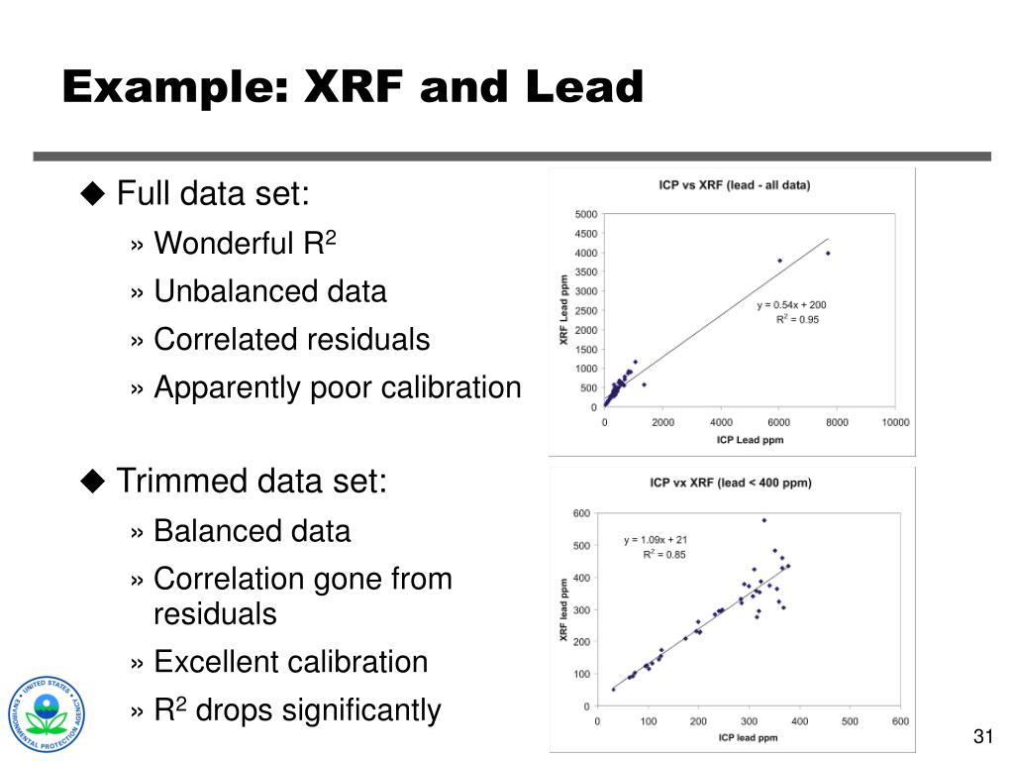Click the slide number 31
[982, 735]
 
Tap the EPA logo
[47, 714]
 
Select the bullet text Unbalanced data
[269, 291]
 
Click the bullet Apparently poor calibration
[337, 387]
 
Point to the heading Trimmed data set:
[252, 482]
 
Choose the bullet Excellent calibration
[290, 661]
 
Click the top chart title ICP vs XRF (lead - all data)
[734, 185]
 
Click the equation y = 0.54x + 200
[791, 305]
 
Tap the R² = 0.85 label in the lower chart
[663, 554]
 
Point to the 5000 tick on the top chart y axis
[585, 214]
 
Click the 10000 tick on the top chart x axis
[894, 422]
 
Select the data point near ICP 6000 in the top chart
[779, 261]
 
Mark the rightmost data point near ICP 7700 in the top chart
[828, 253]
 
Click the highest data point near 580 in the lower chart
[763, 519]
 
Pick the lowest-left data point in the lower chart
[613, 689]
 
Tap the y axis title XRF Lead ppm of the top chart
[563, 310]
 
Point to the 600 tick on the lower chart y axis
[581, 513]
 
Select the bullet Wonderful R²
[246, 243]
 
